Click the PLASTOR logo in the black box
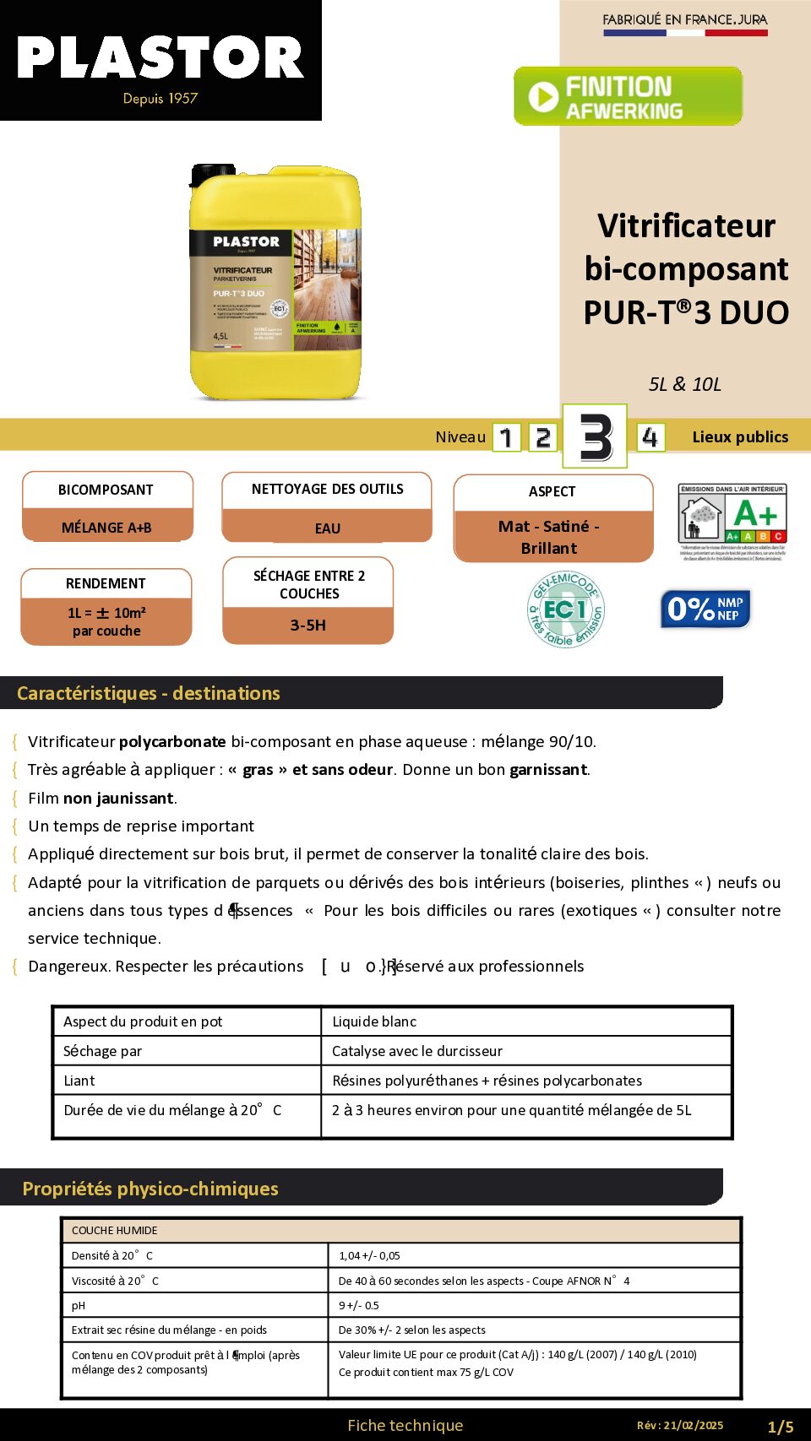click(161, 59)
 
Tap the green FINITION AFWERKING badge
click(628, 97)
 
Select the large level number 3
click(595, 436)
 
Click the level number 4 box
click(650, 437)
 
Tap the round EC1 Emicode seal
click(566, 609)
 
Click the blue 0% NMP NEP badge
click(705, 609)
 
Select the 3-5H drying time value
click(308, 626)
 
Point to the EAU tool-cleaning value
click(327, 528)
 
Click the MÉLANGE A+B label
click(106, 528)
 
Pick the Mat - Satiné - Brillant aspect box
click(552, 537)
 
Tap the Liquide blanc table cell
click(374, 1021)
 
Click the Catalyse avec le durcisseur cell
click(417, 1051)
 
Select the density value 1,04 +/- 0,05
click(369, 1255)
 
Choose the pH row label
click(79, 1305)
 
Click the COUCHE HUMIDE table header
click(114, 1230)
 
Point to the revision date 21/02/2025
click(693, 1425)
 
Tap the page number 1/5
click(780, 1427)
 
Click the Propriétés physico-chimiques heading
click(150, 1189)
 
